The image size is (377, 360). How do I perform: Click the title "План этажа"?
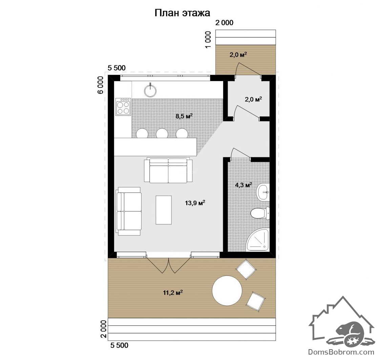(x=182, y=13)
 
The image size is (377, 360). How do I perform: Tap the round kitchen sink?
(x=150, y=91)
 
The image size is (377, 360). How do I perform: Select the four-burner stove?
(x=123, y=106)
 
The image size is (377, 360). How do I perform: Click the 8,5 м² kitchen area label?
(x=184, y=116)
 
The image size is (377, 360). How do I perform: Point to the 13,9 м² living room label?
(x=195, y=203)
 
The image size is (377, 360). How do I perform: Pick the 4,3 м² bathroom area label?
(x=243, y=185)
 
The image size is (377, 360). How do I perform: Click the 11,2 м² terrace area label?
(x=173, y=293)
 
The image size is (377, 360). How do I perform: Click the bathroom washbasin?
(x=263, y=192)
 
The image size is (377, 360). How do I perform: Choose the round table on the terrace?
(x=227, y=291)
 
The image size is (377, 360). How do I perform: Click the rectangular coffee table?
(x=164, y=210)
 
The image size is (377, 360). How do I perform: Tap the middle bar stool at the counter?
(x=162, y=133)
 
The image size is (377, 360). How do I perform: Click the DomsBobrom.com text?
(x=341, y=352)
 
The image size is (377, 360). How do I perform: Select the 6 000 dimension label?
(x=101, y=85)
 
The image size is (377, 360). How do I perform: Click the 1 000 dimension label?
(x=208, y=39)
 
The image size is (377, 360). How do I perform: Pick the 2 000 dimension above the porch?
(x=224, y=23)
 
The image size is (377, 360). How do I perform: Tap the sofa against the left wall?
(x=129, y=211)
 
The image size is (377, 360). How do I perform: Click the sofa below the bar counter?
(x=168, y=170)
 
